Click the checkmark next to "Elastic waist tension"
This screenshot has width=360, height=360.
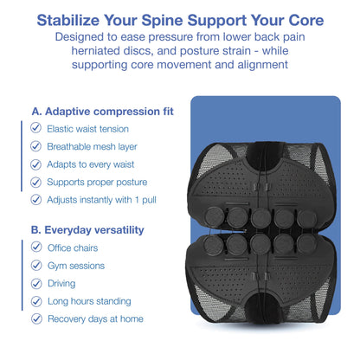[x=35, y=128]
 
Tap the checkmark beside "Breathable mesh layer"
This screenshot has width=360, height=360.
[x=35, y=146]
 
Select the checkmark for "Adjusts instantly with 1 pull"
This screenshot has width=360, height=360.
[x=35, y=199]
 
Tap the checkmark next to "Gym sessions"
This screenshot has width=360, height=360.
[x=35, y=265]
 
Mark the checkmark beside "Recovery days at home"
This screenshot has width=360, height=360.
[x=35, y=318]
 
